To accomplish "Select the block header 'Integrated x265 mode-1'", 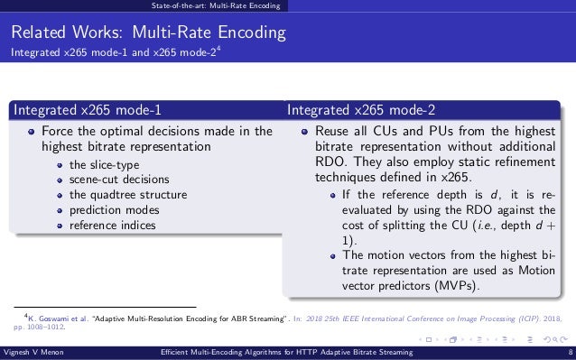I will click(x=86, y=111).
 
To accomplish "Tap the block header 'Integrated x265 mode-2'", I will click(x=361, y=111).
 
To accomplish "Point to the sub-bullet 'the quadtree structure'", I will click(x=127, y=194).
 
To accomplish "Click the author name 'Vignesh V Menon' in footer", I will click(x=33, y=353).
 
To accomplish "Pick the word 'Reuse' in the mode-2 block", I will click(x=332, y=132).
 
